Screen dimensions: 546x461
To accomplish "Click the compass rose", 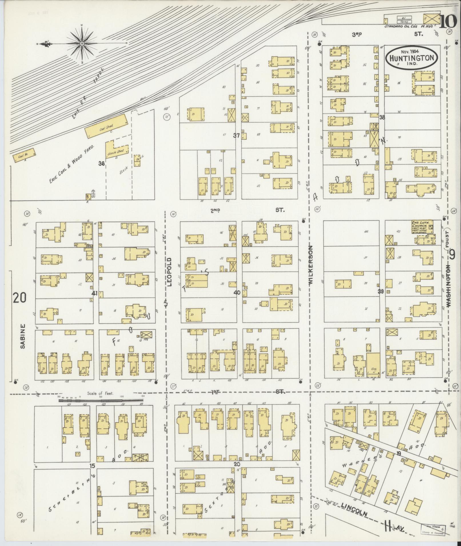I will pyautogui.click(x=82, y=44).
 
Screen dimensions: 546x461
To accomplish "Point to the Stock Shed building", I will pyautogui.click(x=117, y=150).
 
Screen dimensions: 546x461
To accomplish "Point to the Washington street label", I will pyautogui.click(x=449, y=286).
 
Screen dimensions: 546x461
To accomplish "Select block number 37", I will pyautogui.click(x=236, y=136).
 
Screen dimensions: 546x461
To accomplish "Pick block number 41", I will pyautogui.click(x=95, y=293).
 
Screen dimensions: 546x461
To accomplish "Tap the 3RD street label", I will pyautogui.click(x=357, y=34).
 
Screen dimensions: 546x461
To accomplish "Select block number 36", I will pyautogui.click(x=101, y=164).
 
